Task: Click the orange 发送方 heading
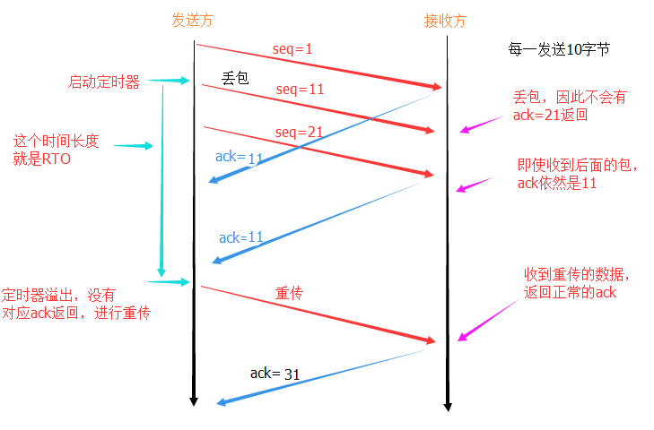(193, 20)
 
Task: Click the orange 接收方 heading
(445, 21)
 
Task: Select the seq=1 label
(292, 49)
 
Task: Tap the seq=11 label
(300, 90)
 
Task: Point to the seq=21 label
(299, 133)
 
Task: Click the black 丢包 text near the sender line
(235, 78)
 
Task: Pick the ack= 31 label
(275, 374)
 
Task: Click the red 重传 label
(289, 293)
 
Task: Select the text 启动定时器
(104, 82)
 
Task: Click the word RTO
(57, 159)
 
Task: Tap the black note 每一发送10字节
(559, 49)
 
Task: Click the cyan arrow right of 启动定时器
(170, 81)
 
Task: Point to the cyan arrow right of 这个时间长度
(133, 146)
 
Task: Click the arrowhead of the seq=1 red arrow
(437, 87)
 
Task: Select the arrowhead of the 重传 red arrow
(431, 340)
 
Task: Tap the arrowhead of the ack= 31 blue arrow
(222, 402)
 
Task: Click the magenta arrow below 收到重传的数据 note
(488, 320)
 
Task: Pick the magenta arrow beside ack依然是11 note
(475, 185)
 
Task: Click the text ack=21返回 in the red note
(550, 115)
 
